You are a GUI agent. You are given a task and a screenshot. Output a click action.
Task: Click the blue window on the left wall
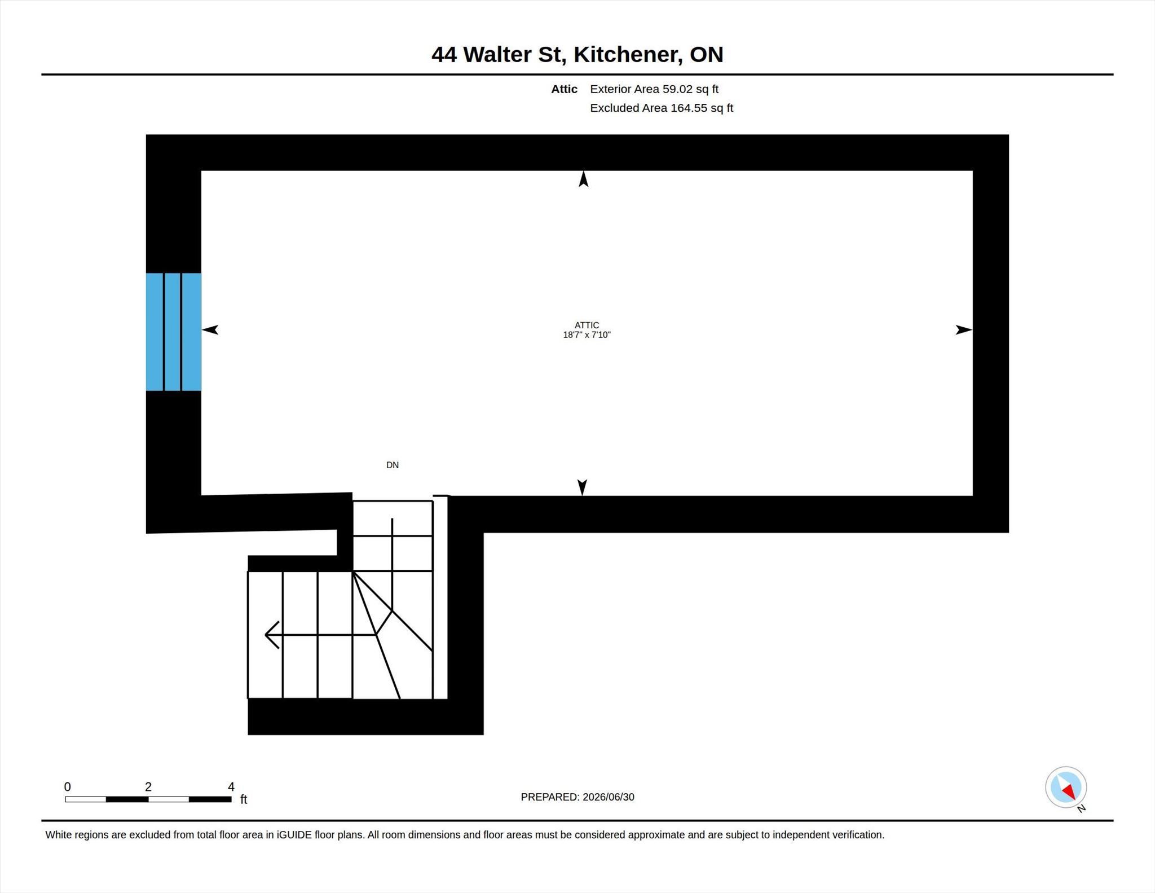pos(174,332)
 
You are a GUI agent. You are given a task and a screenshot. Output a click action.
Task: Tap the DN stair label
pos(393,465)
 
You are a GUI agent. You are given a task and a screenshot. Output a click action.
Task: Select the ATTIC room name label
pos(587,325)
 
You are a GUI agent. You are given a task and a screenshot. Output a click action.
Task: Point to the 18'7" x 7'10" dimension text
pos(587,335)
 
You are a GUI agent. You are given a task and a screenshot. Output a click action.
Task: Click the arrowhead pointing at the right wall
pos(964,330)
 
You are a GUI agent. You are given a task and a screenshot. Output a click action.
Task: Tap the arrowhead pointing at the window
pos(210,330)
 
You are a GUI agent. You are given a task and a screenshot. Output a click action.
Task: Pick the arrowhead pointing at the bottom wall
pos(583,487)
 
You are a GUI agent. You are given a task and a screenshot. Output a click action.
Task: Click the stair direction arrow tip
pos(266,635)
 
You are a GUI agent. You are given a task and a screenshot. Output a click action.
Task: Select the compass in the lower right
pos(1066,787)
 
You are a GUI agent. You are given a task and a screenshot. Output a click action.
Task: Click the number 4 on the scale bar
pos(231,786)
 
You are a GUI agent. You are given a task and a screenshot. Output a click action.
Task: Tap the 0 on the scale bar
pos(68,786)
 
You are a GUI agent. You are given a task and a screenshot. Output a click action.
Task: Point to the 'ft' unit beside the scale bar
pos(244,799)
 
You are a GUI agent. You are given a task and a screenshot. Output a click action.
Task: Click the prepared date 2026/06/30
pos(609,797)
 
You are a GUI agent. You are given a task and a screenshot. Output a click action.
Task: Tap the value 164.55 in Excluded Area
pos(689,108)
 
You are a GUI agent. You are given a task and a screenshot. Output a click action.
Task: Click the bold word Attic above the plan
pos(564,89)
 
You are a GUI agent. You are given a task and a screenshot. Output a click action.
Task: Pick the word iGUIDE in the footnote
pos(294,835)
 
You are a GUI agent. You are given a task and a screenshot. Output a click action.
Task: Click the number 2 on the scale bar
pos(148,786)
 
